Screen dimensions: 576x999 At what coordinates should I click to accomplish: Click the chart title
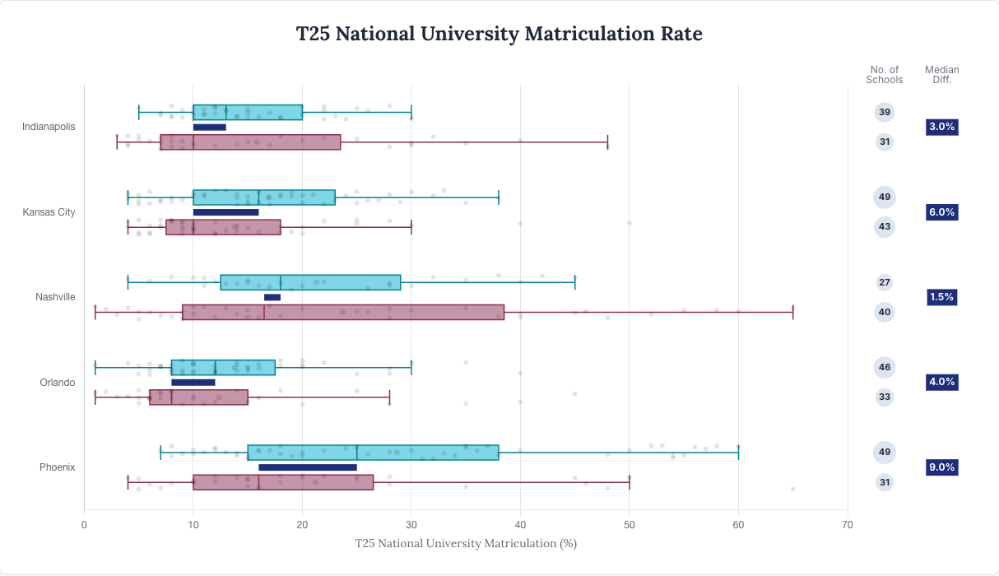point(499,34)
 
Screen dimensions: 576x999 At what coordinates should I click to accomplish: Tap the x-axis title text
point(466,543)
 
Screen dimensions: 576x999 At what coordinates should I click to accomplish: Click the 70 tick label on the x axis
point(847,524)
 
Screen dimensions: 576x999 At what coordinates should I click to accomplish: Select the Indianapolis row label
point(49,127)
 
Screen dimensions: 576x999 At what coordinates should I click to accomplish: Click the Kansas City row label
point(49,212)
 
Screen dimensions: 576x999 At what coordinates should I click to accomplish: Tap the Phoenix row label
point(57,467)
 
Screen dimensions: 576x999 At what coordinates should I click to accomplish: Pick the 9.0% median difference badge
point(941,467)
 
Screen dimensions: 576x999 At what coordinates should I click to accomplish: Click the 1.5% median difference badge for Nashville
point(941,297)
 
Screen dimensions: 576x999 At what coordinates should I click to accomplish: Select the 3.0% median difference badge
point(941,127)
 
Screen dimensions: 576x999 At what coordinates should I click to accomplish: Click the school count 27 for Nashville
point(884,282)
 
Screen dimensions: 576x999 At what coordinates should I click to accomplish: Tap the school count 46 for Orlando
point(884,367)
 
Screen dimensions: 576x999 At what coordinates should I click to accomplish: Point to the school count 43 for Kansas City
point(884,226)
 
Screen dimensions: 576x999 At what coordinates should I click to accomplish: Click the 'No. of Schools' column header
point(884,75)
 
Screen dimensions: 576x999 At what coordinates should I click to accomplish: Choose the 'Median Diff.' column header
point(941,75)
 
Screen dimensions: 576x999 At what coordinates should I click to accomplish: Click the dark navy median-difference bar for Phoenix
point(308,467)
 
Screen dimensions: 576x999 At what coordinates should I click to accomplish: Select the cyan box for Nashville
point(310,282)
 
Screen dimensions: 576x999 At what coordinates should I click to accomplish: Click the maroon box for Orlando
point(198,397)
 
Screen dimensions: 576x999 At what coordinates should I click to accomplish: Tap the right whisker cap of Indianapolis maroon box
point(607,142)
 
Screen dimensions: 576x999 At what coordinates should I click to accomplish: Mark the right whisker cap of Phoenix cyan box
point(738,452)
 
